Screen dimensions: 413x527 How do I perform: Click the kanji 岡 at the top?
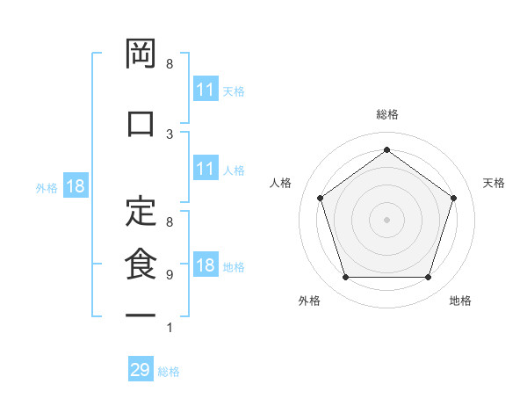pos(141,55)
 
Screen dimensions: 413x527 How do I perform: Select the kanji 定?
pos(141,210)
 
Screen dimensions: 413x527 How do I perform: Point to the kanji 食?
pos(141,264)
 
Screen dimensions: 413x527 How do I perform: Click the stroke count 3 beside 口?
pos(170,134)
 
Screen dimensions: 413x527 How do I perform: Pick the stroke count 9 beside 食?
pos(170,274)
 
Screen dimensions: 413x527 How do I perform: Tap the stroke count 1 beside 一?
pos(170,328)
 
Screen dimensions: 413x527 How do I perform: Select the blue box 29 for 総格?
pos(141,370)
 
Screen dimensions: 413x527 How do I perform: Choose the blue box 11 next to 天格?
pos(206,90)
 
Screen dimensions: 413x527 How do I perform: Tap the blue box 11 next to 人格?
pos(206,170)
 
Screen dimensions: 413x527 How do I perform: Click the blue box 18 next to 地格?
pos(206,266)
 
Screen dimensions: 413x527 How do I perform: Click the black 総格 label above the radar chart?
pos(386,114)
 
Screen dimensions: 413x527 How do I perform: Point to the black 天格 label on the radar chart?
pos(494,183)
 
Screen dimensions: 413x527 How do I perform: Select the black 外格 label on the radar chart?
pos(309,301)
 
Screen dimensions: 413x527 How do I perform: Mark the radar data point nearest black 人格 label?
pos(321,198)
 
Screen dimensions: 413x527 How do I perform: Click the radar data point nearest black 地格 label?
pos(428,278)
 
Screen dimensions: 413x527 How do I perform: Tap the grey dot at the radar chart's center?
pos(386,219)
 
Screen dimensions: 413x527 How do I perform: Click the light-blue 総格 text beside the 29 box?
pos(169,372)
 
